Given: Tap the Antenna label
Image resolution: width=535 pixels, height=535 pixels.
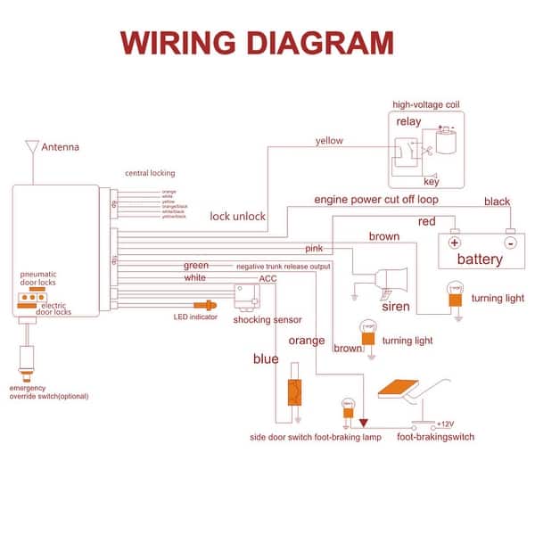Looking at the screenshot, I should (x=62, y=147).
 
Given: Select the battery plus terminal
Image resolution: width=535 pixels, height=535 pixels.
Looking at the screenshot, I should (x=454, y=242).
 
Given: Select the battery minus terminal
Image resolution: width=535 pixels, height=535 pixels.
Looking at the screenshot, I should (x=509, y=242).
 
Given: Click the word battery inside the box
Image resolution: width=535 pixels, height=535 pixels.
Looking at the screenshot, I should (x=480, y=259).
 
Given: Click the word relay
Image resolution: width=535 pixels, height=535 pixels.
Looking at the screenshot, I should (x=408, y=121).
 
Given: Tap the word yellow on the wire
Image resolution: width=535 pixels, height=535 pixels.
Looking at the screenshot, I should (x=329, y=140).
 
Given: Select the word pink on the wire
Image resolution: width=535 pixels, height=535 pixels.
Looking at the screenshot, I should (x=314, y=248).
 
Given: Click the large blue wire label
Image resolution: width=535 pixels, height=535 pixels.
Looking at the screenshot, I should (x=265, y=359).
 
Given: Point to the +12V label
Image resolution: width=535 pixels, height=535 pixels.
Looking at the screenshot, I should (x=445, y=423).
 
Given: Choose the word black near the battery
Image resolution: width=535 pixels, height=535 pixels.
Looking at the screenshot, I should (x=497, y=202).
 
